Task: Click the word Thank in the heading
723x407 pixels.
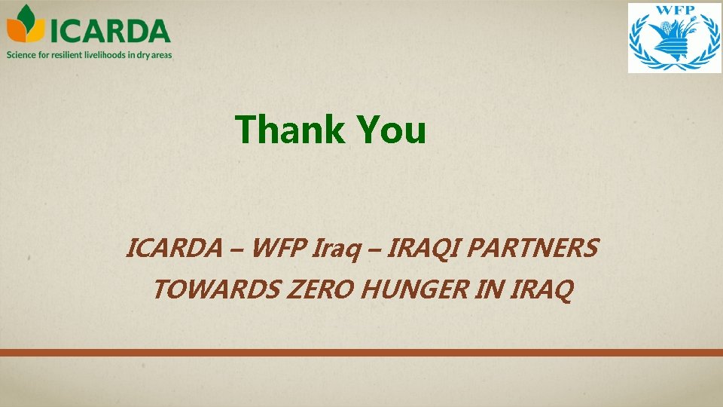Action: click(x=289, y=130)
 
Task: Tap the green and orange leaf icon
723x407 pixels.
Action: click(x=26, y=24)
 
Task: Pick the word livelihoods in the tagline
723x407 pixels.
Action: click(x=107, y=54)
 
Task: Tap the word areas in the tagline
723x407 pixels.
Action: click(x=161, y=54)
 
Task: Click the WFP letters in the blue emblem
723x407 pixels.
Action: click(x=674, y=12)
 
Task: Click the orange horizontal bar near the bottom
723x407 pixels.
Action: click(x=361, y=353)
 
